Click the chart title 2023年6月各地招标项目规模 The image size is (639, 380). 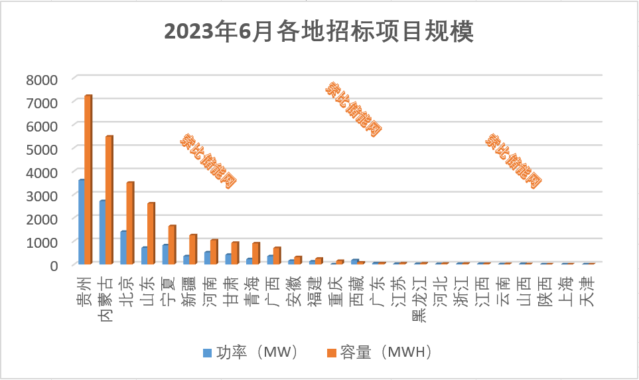[x=319, y=32]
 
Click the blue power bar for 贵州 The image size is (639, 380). [x=81, y=222]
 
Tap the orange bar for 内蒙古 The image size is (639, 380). [x=109, y=200]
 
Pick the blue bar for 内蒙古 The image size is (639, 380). [x=102, y=233]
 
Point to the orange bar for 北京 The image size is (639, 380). [x=130, y=223]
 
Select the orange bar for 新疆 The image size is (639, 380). [x=192, y=249]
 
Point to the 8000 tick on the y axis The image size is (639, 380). [x=42, y=80]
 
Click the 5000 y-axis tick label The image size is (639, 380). [x=42, y=149]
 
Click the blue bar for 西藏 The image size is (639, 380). [x=354, y=262]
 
